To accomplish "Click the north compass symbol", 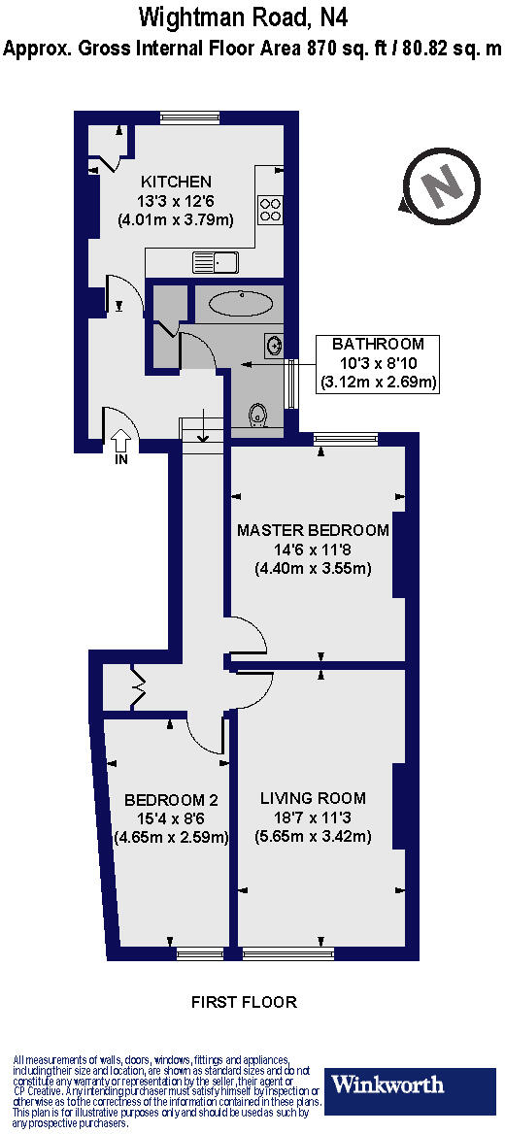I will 442,183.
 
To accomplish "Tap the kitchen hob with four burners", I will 270,209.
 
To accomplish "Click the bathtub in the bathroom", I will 240,303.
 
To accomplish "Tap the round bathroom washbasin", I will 274,344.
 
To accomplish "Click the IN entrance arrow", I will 122,442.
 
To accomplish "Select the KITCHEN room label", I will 176,182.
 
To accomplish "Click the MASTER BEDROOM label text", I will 313,530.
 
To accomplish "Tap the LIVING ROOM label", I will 313,798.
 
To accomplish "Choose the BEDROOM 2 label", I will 171,800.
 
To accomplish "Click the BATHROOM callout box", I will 378,363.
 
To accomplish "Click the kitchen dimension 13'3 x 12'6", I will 176,201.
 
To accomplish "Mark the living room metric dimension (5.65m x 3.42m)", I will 313,836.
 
